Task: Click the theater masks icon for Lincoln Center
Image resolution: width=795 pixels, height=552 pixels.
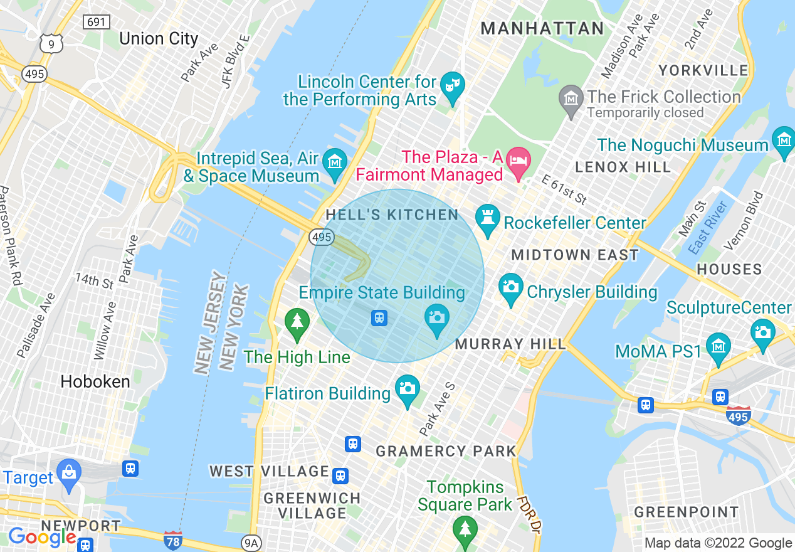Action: click(x=451, y=84)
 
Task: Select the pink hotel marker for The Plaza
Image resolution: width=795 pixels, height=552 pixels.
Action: click(x=519, y=159)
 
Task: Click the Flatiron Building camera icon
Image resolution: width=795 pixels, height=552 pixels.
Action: click(x=407, y=389)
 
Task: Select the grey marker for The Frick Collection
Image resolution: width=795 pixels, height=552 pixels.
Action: click(x=571, y=98)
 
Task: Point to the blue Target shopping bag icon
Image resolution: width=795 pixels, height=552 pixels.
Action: click(x=68, y=472)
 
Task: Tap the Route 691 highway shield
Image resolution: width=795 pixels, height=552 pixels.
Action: click(x=97, y=22)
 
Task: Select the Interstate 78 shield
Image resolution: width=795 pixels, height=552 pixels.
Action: click(x=172, y=539)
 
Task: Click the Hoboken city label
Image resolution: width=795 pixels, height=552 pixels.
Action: click(x=95, y=381)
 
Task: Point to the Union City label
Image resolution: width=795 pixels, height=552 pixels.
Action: click(x=159, y=39)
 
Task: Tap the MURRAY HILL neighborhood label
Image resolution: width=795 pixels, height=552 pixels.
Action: click(x=510, y=344)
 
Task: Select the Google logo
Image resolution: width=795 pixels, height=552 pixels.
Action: click(x=42, y=538)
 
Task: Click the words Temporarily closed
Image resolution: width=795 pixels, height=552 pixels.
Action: click(x=645, y=114)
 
